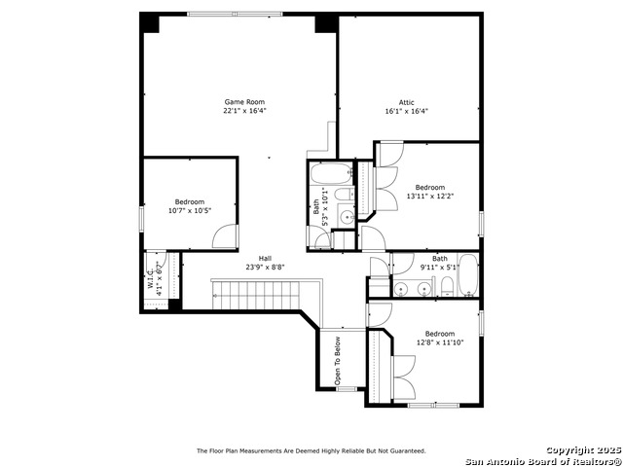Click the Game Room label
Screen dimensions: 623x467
[x=244, y=102]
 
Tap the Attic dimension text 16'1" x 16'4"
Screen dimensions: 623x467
[x=407, y=111]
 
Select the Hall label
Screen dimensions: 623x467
[x=265, y=259]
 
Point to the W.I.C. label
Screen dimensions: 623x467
[x=151, y=278]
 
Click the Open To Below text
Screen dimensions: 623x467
[x=338, y=361]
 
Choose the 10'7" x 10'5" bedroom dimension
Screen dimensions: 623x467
[x=190, y=210]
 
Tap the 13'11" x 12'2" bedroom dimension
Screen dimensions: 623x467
[x=430, y=196]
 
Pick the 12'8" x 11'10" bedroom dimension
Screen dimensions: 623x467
[x=440, y=342]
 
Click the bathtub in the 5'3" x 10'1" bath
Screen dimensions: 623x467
[x=331, y=173]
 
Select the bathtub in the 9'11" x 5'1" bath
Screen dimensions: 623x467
[x=468, y=274]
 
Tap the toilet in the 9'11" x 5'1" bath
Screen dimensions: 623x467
[x=447, y=287]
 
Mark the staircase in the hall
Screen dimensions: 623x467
[x=256, y=295]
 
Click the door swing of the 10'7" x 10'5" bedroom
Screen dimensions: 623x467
[x=225, y=236]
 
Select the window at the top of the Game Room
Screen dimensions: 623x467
[x=236, y=15]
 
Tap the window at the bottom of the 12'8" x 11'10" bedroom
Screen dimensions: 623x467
[x=433, y=406]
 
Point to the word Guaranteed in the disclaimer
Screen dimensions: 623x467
[x=408, y=450]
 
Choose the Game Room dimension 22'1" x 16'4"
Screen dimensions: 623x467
[x=244, y=111]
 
